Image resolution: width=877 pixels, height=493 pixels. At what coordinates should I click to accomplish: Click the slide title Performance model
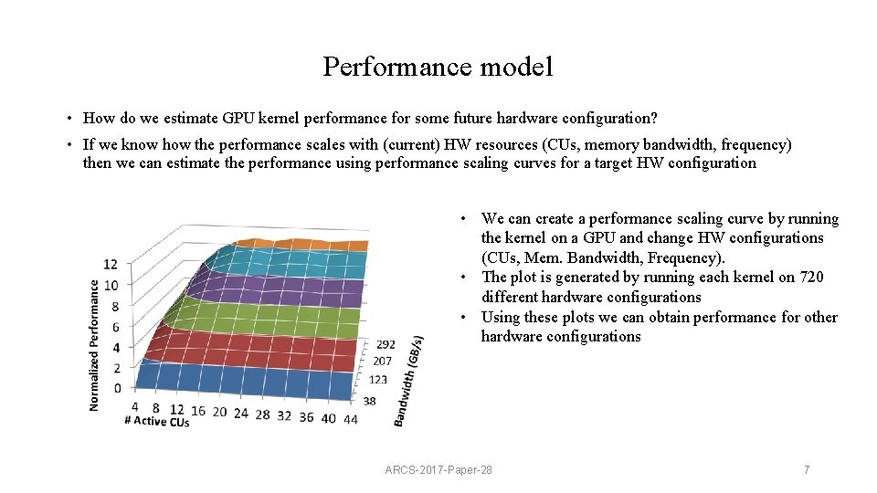coord(438,68)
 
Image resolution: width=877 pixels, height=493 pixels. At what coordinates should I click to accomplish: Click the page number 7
coord(806,469)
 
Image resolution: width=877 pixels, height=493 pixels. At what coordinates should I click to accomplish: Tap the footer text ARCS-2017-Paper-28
coord(438,469)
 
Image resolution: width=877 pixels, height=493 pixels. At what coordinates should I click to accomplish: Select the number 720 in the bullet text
coord(810,278)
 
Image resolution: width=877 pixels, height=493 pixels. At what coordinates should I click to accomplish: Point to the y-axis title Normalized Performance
coord(94,344)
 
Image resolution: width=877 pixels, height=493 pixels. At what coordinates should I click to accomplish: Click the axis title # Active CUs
coord(157,423)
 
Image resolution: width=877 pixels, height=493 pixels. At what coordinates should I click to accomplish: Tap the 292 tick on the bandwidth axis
coord(386,345)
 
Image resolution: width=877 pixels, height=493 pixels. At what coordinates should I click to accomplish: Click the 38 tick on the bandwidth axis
coord(369,401)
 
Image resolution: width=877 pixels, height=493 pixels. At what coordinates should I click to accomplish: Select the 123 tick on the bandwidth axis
coord(377,380)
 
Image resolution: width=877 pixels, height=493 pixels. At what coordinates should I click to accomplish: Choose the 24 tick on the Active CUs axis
coord(240,414)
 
